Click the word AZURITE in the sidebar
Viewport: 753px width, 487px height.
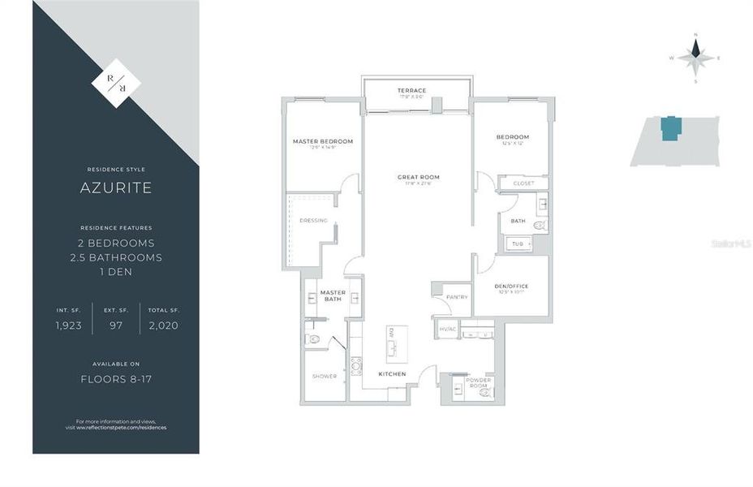pyautogui.click(x=115, y=188)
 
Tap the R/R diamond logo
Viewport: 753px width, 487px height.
pyautogui.click(x=116, y=80)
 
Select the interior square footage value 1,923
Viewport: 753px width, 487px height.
pyautogui.click(x=69, y=325)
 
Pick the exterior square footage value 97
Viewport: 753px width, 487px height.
pyautogui.click(x=116, y=325)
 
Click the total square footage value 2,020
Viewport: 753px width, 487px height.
pyautogui.click(x=162, y=325)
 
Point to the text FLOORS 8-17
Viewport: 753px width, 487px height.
pyautogui.click(x=115, y=378)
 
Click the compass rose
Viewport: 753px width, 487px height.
pyautogui.click(x=695, y=57)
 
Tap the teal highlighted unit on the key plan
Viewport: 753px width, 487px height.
pyautogui.click(x=671, y=128)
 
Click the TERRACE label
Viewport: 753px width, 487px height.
pyautogui.click(x=411, y=90)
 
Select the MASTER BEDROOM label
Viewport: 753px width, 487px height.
pyautogui.click(x=323, y=141)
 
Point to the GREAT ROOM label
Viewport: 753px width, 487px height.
pyautogui.click(x=418, y=177)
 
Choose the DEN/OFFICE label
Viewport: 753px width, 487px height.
pyautogui.click(x=511, y=286)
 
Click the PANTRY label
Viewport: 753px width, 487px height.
pyautogui.click(x=457, y=297)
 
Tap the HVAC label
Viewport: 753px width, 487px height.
pyautogui.click(x=448, y=330)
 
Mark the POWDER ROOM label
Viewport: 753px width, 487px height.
pyautogui.click(x=478, y=382)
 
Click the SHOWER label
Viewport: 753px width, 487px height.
pyautogui.click(x=325, y=376)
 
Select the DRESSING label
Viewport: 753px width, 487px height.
pyautogui.click(x=313, y=220)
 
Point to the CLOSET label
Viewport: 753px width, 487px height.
pyautogui.click(x=523, y=183)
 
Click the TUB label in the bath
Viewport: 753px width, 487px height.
pyautogui.click(x=517, y=243)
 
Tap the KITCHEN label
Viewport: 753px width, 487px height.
pyautogui.click(x=393, y=373)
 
